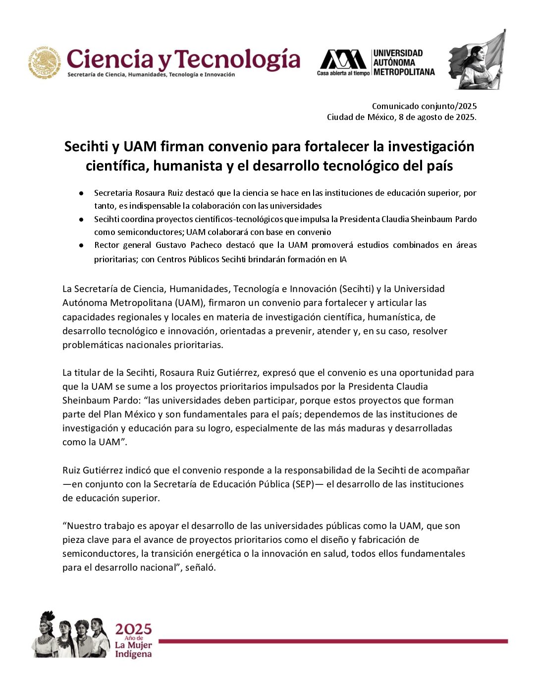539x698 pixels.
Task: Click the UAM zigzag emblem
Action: (x=343, y=59)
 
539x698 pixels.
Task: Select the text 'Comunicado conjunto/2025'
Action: (x=424, y=106)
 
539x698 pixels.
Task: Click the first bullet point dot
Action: (x=81, y=193)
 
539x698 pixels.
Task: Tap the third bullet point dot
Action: (x=81, y=245)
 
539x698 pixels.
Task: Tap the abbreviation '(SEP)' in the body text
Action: (x=303, y=484)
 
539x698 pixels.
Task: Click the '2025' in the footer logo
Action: (x=133, y=630)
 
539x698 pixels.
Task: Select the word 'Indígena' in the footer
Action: (x=133, y=654)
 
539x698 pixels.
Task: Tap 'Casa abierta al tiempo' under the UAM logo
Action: (x=343, y=73)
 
